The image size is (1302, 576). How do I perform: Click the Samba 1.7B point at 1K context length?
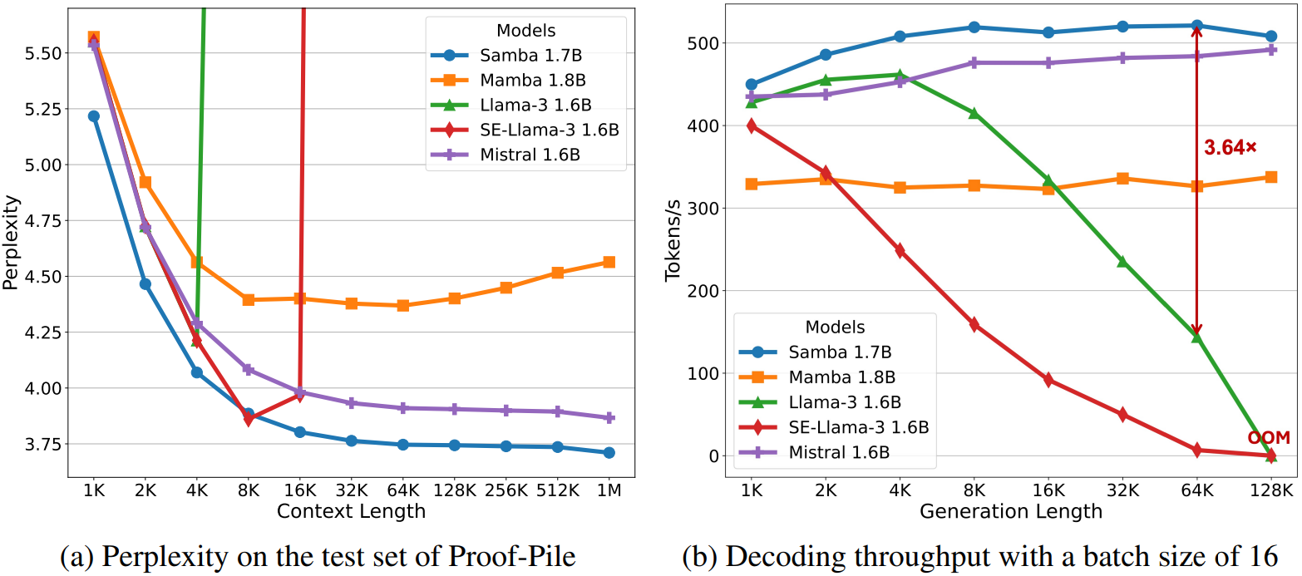(x=93, y=116)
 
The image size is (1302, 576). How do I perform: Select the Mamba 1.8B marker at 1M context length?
(x=609, y=262)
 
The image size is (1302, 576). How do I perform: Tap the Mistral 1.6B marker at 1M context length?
(x=609, y=418)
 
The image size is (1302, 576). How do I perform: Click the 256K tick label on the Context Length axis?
(x=506, y=491)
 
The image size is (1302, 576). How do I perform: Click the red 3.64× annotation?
(x=1230, y=148)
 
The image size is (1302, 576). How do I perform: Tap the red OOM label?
(x=1269, y=438)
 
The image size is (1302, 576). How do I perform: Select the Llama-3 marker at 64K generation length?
(x=1197, y=337)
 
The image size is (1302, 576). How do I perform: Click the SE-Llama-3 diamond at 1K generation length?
(x=752, y=126)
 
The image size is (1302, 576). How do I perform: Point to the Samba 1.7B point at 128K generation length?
(x=1271, y=37)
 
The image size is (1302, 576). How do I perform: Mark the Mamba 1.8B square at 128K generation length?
(x=1271, y=177)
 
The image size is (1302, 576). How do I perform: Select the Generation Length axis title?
(x=1011, y=511)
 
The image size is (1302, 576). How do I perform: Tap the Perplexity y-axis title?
(x=11, y=242)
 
